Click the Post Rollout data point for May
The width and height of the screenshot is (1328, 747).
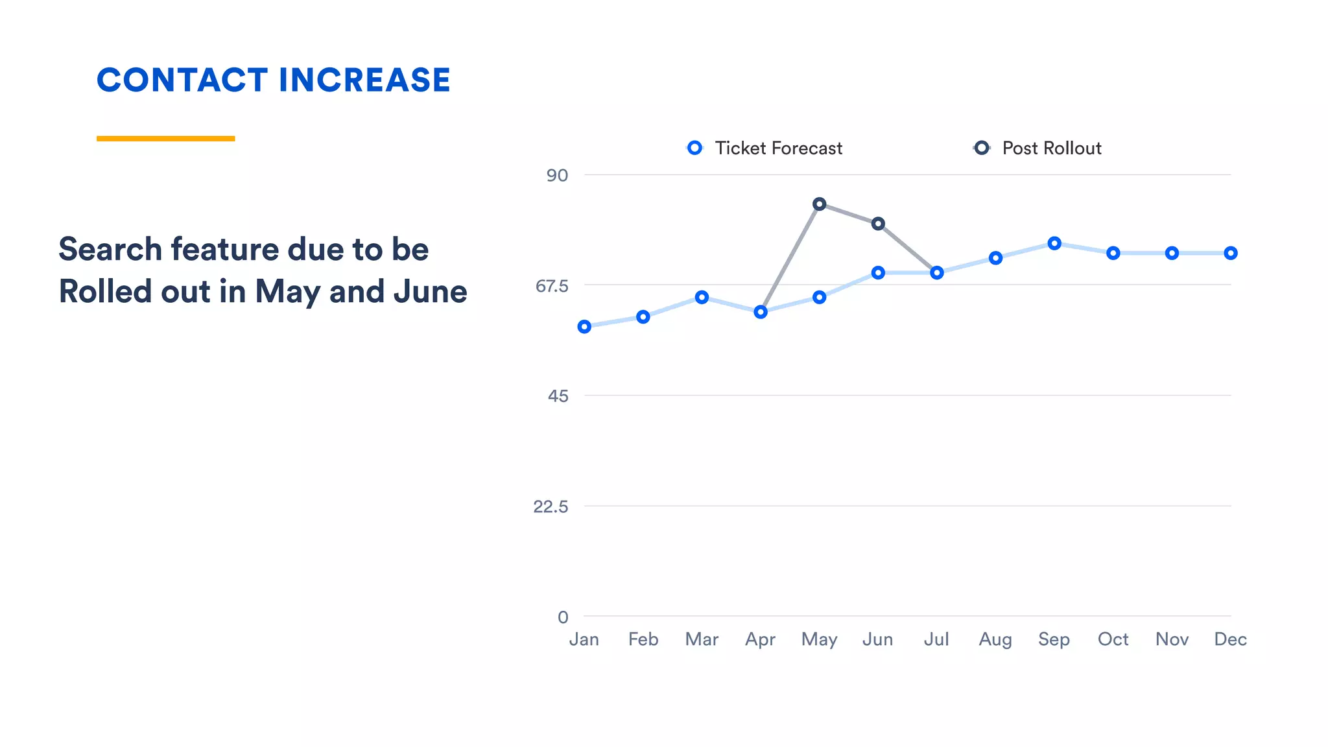819,204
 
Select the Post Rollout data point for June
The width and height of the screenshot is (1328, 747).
878,224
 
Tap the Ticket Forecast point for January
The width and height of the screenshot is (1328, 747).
584,327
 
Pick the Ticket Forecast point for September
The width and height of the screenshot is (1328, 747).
1054,243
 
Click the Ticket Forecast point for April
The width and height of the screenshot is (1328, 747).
761,312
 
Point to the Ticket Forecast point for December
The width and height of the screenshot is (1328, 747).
1231,253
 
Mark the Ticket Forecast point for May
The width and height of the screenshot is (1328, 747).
819,297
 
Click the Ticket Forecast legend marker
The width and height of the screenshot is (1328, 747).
694,148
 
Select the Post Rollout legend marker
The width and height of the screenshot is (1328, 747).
982,148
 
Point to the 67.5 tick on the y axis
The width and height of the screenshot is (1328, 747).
552,285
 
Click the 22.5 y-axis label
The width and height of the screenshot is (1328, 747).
551,506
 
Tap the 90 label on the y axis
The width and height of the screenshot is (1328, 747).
557,175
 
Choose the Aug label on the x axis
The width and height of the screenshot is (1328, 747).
995,639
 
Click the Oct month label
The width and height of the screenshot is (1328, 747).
1113,639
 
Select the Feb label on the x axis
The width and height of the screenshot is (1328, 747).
643,639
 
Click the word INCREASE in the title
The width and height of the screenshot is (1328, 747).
364,80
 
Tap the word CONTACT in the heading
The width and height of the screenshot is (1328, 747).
182,80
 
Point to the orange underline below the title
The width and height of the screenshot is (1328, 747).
165,138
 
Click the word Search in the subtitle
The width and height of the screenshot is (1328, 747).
110,249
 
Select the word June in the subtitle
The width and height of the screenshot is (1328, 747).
430,291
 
